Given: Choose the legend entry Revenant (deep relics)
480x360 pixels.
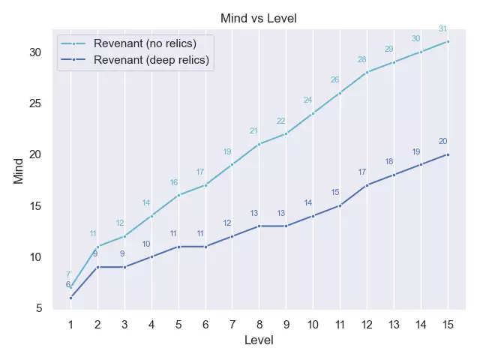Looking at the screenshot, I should (151, 59).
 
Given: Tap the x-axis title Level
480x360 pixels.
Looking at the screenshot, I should (259, 340).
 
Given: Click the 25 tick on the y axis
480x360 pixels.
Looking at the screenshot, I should (36, 103).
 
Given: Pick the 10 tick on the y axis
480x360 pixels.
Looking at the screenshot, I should (36, 257).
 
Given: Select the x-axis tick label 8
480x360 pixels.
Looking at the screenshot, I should (259, 325).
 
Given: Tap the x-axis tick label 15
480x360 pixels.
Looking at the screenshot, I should (448, 325).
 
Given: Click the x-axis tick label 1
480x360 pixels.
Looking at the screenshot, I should (70, 325).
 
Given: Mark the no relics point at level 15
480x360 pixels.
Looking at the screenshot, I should (448, 41).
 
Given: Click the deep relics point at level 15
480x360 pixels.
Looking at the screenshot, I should (448, 154).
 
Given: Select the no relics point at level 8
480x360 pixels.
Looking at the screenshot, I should (259, 144).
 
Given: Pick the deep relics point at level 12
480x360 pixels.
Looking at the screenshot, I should (367, 185).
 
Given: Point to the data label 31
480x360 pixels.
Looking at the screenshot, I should (442, 28).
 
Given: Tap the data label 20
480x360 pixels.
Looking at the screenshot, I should (442, 141).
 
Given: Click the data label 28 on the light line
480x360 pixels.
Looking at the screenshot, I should (361, 59).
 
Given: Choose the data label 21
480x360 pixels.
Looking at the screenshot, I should (253, 131).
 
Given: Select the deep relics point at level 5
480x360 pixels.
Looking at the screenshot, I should (178, 247).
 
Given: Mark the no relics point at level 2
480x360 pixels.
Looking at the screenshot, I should (97, 247).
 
